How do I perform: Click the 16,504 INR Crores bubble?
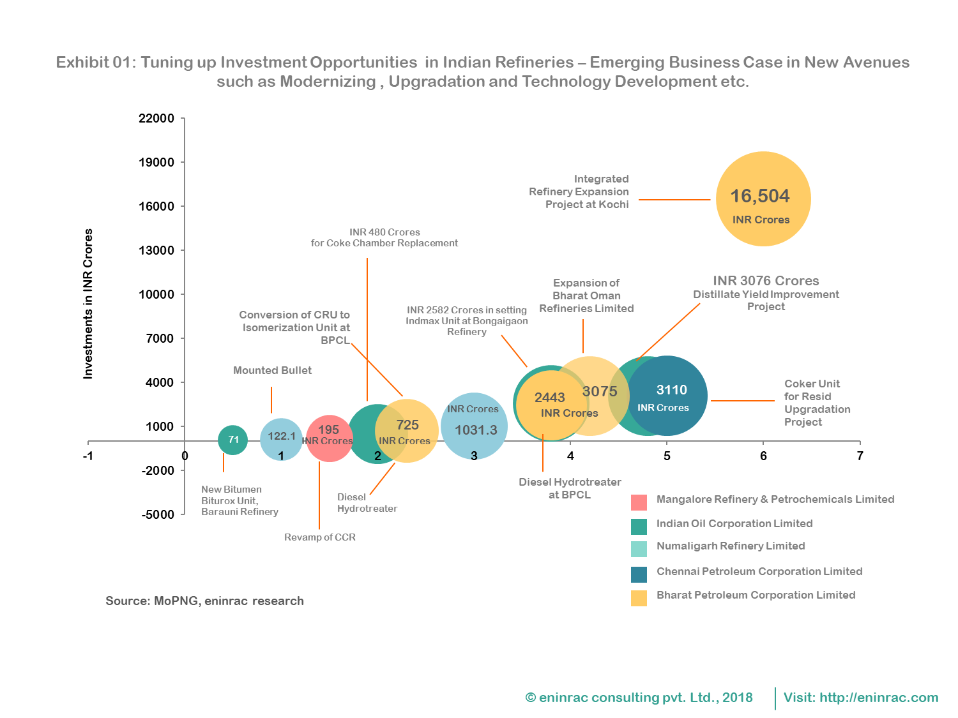[x=763, y=199]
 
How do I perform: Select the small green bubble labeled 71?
[x=233, y=440]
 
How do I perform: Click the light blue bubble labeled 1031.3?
[x=475, y=426]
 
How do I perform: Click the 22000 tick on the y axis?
[x=156, y=118]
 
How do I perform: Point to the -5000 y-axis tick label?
[x=158, y=514]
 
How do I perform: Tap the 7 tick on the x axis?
[x=860, y=456]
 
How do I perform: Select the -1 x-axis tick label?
[x=88, y=456]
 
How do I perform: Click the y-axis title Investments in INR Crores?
[x=88, y=304]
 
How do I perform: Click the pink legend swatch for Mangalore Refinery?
[x=639, y=502]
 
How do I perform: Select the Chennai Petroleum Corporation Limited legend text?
[x=759, y=571]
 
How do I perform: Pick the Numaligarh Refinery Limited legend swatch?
[x=639, y=549]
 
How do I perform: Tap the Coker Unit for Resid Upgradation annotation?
[x=817, y=403]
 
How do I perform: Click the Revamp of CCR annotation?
[x=319, y=537]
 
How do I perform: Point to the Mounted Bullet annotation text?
[x=272, y=370]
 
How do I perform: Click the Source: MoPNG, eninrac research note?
[x=204, y=601]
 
